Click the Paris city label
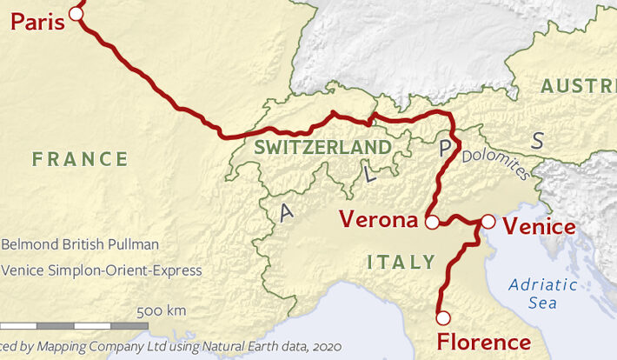coord(36,21)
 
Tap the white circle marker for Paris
coord(76,13)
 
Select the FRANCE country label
coord(80,159)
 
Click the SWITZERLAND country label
coord(322,147)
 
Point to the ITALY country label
coord(401,262)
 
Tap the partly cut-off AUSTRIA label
coord(577,86)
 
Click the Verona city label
coord(378,219)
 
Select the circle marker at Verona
coord(432,223)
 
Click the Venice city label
coord(539,228)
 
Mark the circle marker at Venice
coord(488,223)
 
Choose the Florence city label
coord(483,342)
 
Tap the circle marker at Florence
coord(443,317)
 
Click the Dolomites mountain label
coord(495,164)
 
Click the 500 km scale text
coord(161,311)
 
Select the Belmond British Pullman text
coord(80,245)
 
